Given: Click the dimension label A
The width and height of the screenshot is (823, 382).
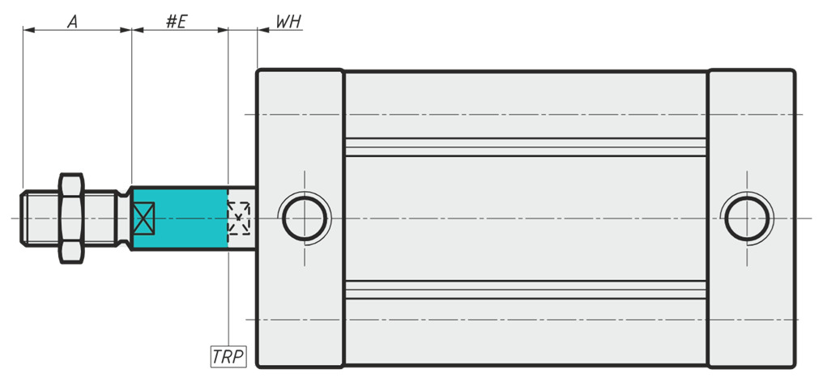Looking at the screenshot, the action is (72, 22).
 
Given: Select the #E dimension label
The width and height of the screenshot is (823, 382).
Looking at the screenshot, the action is (177, 22).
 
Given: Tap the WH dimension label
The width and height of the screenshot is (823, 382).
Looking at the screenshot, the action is (288, 22).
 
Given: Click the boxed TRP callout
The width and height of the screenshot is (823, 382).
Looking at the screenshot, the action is (228, 356).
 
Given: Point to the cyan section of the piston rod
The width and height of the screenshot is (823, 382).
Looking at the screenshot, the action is (180, 219).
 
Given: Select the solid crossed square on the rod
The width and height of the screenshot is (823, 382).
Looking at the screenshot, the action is (143, 219).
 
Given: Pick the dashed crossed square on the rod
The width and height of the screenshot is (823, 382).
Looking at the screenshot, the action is (239, 218).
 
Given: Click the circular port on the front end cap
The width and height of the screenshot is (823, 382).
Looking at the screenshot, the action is (305, 219).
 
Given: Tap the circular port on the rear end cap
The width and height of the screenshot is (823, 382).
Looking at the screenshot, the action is (747, 219).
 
